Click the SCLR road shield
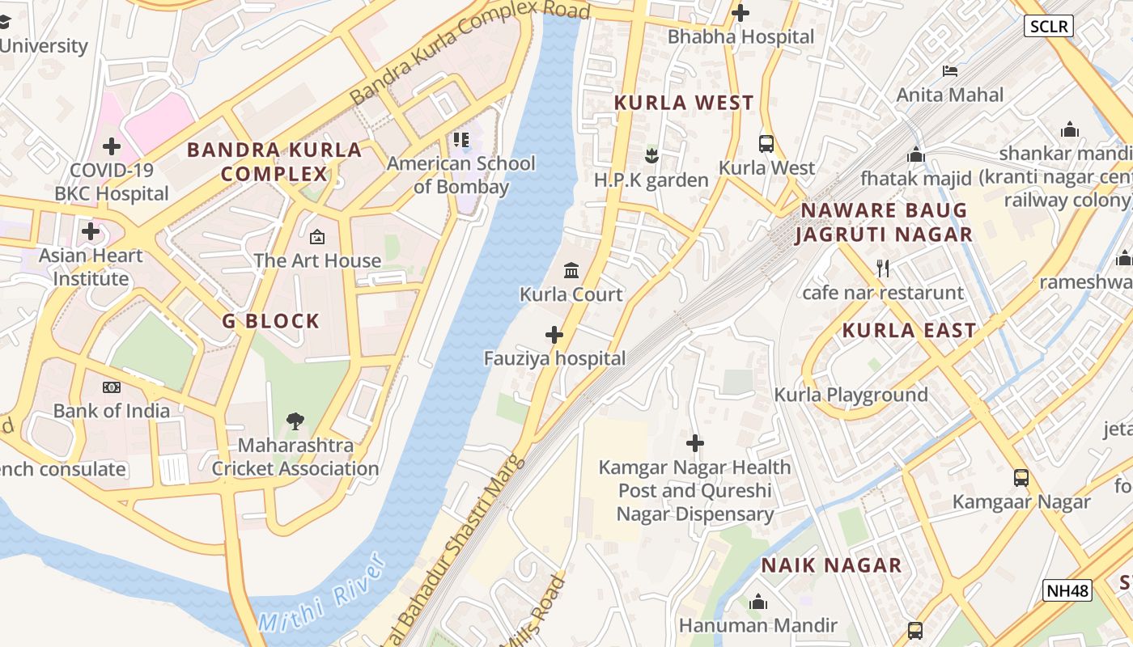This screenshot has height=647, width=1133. point(1049,26)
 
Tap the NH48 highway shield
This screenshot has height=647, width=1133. point(1067,590)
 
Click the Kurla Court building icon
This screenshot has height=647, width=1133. point(571,270)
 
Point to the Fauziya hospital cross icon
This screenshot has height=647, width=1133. point(554,334)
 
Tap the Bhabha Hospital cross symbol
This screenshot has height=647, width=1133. point(740,13)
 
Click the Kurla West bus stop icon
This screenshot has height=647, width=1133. point(766,144)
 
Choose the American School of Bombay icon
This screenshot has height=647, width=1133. point(461,140)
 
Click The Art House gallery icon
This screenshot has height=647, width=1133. point(317,237)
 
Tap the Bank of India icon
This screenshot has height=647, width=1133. point(112,387)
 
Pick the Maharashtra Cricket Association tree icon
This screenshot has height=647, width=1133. point(295,421)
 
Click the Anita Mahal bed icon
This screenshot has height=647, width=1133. point(950,71)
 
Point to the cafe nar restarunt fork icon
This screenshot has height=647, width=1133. point(883,268)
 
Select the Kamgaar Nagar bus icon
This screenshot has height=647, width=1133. point(1021,477)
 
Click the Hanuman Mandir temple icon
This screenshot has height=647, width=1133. point(758,602)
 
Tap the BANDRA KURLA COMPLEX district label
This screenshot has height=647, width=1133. point(274,162)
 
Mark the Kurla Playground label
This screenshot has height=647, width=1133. point(851,395)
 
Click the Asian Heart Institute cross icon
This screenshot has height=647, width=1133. point(91,232)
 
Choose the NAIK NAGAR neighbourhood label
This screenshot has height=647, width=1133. point(831,565)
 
